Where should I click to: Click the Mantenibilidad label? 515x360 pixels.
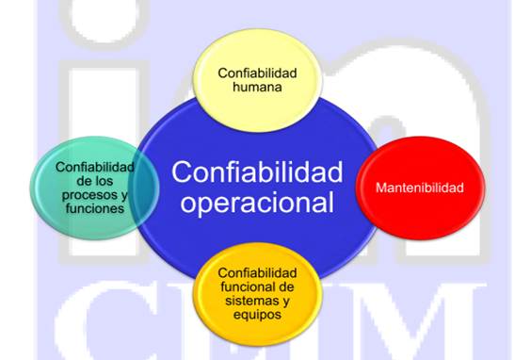[x=419, y=188]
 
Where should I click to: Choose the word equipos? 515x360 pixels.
[x=255, y=315]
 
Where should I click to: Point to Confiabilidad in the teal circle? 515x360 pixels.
[x=94, y=167]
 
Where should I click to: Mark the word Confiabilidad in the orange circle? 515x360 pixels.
[x=256, y=273]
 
